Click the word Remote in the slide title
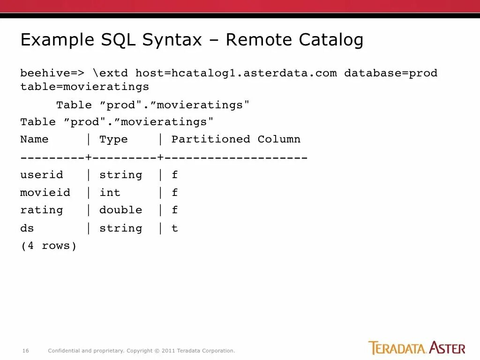pyautogui.click(x=257, y=40)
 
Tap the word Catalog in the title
pyautogui.click(x=331, y=40)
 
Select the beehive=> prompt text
pyautogui.click(x=52, y=73)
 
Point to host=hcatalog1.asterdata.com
pyautogui.click(x=236, y=73)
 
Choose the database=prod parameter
pyautogui.click(x=390, y=73)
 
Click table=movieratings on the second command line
pyautogui.click(x=84, y=87)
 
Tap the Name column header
pyautogui.click(x=34, y=139)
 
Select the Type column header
pyautogui.click(x=113, y=139)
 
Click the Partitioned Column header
pyautogui.click(x=236, y=139)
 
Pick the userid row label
pyautogui.click(x=41, y=175)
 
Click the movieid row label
pyautogui.click(x=45, y=193)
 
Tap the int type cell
pyautogui.click(x=110, y=193)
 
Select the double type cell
pyautogui.click(x=120, y=210)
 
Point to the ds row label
pyautogui.click(x=27, y=228)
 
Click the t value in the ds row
pyautogui.click(x=175, y=228)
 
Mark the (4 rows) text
pyautogui.click(x=48, y=246)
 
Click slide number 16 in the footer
pyautogui.click(x=26, y=351)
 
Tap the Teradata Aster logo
pyautogui.click(x=417, y=348)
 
